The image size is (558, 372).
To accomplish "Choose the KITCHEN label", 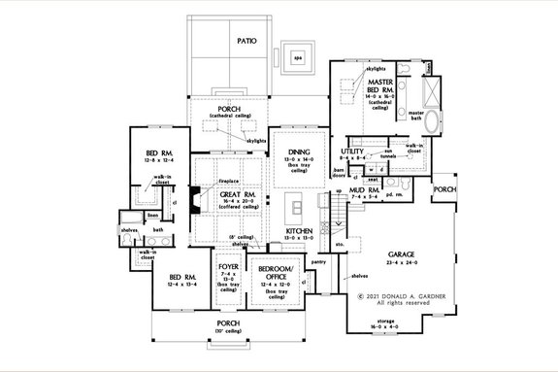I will click(298, 231).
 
